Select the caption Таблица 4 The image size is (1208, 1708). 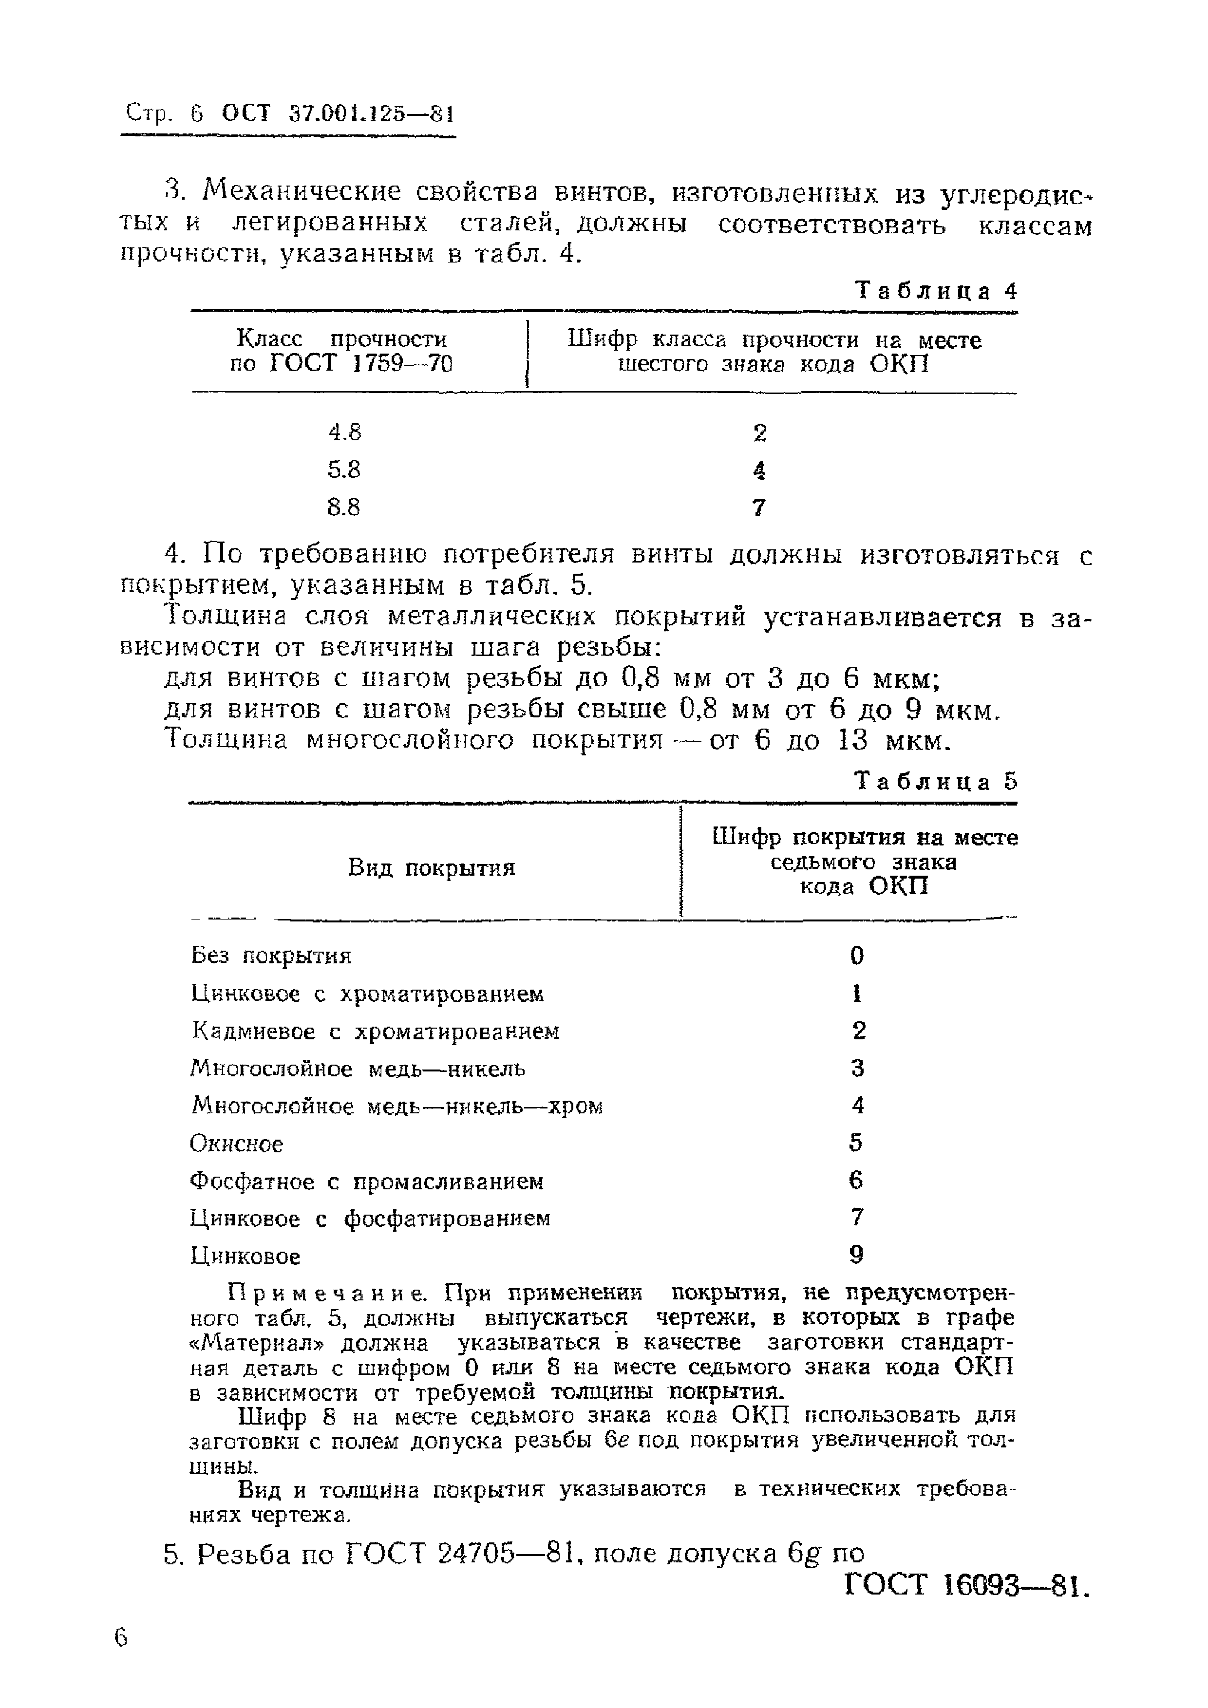(x=936, y=290)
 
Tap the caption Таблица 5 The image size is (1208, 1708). (x=936, y=781)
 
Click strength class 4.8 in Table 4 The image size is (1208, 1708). (x=344, y=432)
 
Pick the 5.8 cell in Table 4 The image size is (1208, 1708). (x=344, y=470)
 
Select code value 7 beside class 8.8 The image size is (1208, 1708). (x=759, y=508)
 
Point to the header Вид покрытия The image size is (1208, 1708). (x=432, y=867)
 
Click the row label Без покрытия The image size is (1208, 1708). (x=271, y=955)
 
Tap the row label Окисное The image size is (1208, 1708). (x=237, y=1144)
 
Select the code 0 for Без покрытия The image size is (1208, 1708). (x=857, y=955)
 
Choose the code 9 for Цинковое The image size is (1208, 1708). (x=856, y=1256)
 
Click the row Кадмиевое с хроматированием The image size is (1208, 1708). (x=376, y=1031)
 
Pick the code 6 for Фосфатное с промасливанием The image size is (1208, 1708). (x=856, y=1181)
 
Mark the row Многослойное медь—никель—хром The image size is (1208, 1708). (x=396, y=1106)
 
